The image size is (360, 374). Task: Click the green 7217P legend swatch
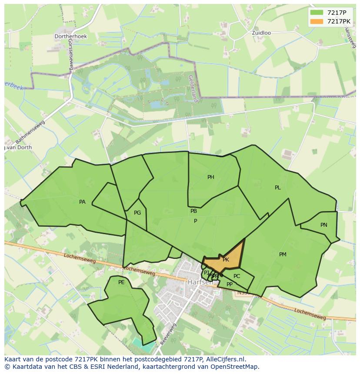pos(317,13)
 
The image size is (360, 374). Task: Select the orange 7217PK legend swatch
pos(317,21)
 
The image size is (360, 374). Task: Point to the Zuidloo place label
pos(262,33)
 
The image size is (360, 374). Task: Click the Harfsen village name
pos(200,282)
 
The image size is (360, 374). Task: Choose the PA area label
pos(82,202)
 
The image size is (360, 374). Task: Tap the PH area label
pos(211,177)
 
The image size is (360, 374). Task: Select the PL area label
pos(278,188)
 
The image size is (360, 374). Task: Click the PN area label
pos(324,225)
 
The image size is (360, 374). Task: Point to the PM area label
pos(283,255)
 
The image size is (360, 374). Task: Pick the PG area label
pos(137,213)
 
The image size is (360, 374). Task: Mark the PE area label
pos(121,282)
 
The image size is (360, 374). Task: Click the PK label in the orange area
pos(226,260)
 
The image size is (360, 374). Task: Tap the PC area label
pos(237,276)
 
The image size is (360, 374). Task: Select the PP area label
pos(230,285)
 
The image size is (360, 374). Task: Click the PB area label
pos(193,211)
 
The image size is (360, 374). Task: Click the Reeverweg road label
pos(168,334)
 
